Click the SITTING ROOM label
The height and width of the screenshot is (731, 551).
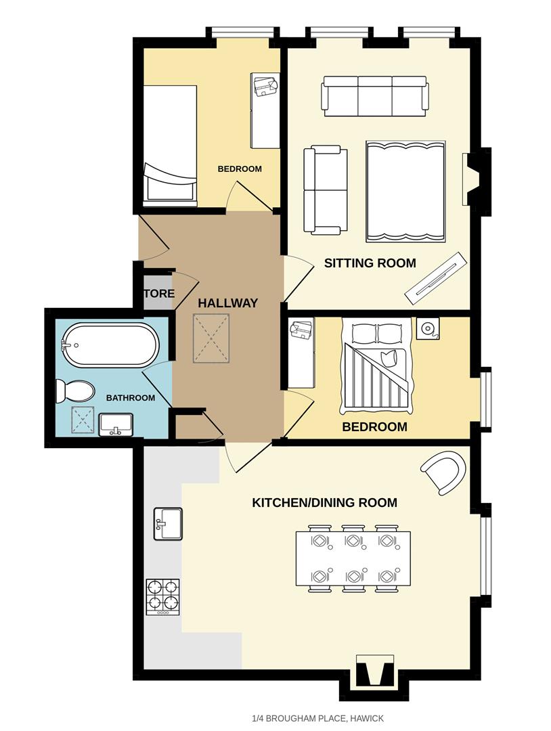coord(370,263)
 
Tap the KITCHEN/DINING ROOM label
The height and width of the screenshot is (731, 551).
coord(324,503)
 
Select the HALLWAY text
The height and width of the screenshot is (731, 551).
coord(227,303)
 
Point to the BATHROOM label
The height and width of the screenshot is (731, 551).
coord(131,398)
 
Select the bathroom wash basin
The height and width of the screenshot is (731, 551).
coord(116,426)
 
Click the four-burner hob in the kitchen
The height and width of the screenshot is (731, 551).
coord(163,596)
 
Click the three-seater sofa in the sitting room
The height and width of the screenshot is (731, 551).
coord(374,95)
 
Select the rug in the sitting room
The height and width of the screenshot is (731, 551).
coord(405,192)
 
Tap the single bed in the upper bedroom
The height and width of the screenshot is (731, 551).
coord(169,146)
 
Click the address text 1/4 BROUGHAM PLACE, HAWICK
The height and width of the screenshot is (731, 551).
coord(317,717)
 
